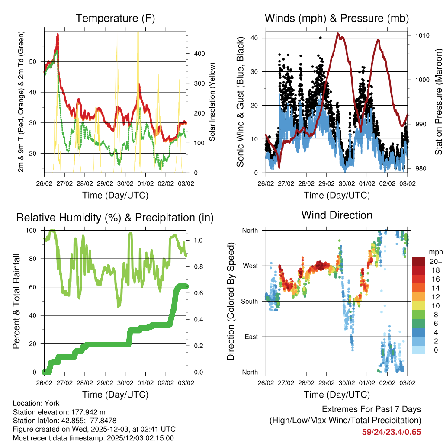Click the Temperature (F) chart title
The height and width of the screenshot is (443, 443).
click(115, 18)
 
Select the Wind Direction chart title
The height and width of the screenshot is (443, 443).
click(337, 215)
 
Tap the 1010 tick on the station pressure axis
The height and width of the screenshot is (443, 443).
click(422, 35)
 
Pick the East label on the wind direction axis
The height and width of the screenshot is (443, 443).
click(251, 337)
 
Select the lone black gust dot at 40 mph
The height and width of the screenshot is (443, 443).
click(320, 38)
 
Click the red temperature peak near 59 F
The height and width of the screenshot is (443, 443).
click(58, 35)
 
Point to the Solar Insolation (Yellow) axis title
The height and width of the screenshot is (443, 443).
click(212, 102)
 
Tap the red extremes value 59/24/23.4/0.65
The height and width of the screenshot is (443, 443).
click(391, 432)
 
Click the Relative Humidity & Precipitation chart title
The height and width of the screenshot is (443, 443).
click(115, 217)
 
